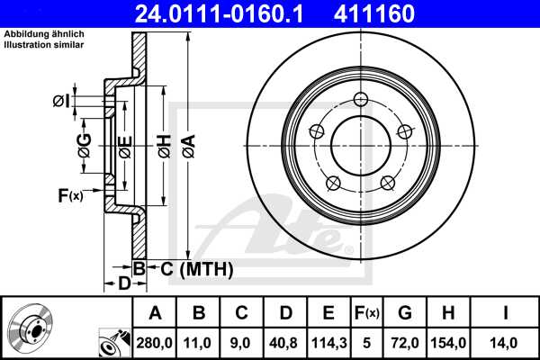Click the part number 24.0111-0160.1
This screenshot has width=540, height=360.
[x=228, y=14]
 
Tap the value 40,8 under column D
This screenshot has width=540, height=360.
[x=285, y=341]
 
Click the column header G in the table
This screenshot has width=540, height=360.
[x=404, y=313]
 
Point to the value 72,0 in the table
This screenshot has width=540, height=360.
[x=404, y=341]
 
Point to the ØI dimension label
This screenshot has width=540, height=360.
[x=61, y=101]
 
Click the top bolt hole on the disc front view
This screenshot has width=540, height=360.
[x=361, y=100]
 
